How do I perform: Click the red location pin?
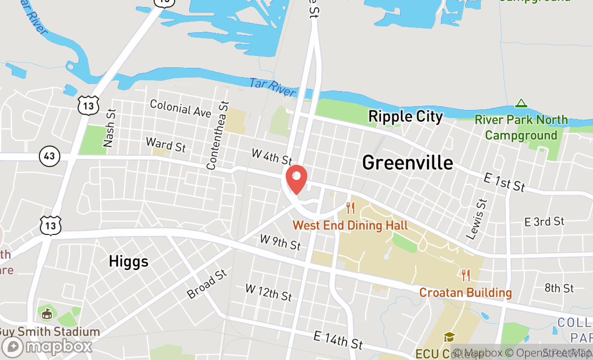(296, 179)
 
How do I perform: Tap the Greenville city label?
(408, 162)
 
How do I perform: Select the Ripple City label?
(405, 116)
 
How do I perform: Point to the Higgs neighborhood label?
(128, 261)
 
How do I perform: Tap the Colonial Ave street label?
(181, 108)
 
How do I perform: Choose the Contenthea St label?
(218, 135)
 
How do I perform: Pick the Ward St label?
(166, 144)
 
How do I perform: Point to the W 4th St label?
(272, 157)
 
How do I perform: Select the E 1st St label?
(504, 182)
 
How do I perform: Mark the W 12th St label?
(268, 292)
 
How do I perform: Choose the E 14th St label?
(339, 340)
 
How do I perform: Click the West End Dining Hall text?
(350, 225)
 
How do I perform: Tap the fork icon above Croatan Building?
(466, 275)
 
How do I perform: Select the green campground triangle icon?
(521, 103)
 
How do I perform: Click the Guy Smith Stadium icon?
(46, 313)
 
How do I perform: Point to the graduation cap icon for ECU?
(449, 337)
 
